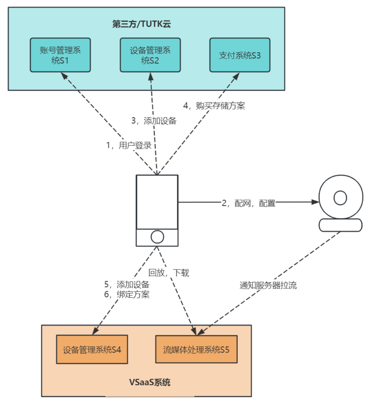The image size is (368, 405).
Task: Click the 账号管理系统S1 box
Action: [x=60, y=55]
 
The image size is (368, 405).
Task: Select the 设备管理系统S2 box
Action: [x=150, y=55]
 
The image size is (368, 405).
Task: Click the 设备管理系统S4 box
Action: [x=92, y=350]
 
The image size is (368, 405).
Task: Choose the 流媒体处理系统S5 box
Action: [x=196, y=350]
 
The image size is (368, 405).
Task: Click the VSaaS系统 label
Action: [x=150, y=382]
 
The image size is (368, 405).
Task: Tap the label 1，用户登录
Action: [x=129, y=146]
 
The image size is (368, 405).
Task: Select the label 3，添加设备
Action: [x=154, y=121]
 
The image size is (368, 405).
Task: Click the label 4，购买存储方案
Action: [x=214, y=106]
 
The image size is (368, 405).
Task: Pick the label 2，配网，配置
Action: [x=249, y=203]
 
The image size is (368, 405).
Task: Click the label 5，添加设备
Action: [x=127, y=285]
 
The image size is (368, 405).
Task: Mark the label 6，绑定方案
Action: [x=127, y=295]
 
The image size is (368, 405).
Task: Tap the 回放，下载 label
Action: [x=169, y=273]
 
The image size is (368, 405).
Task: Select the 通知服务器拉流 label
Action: [x=268, y=286]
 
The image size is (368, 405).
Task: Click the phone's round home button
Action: [x=157, y=237]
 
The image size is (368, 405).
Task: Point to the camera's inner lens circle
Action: [x=340, y=197]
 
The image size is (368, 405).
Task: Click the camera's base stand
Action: [x=340, y=225]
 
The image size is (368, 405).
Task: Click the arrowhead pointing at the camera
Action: [x=315, y=202]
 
